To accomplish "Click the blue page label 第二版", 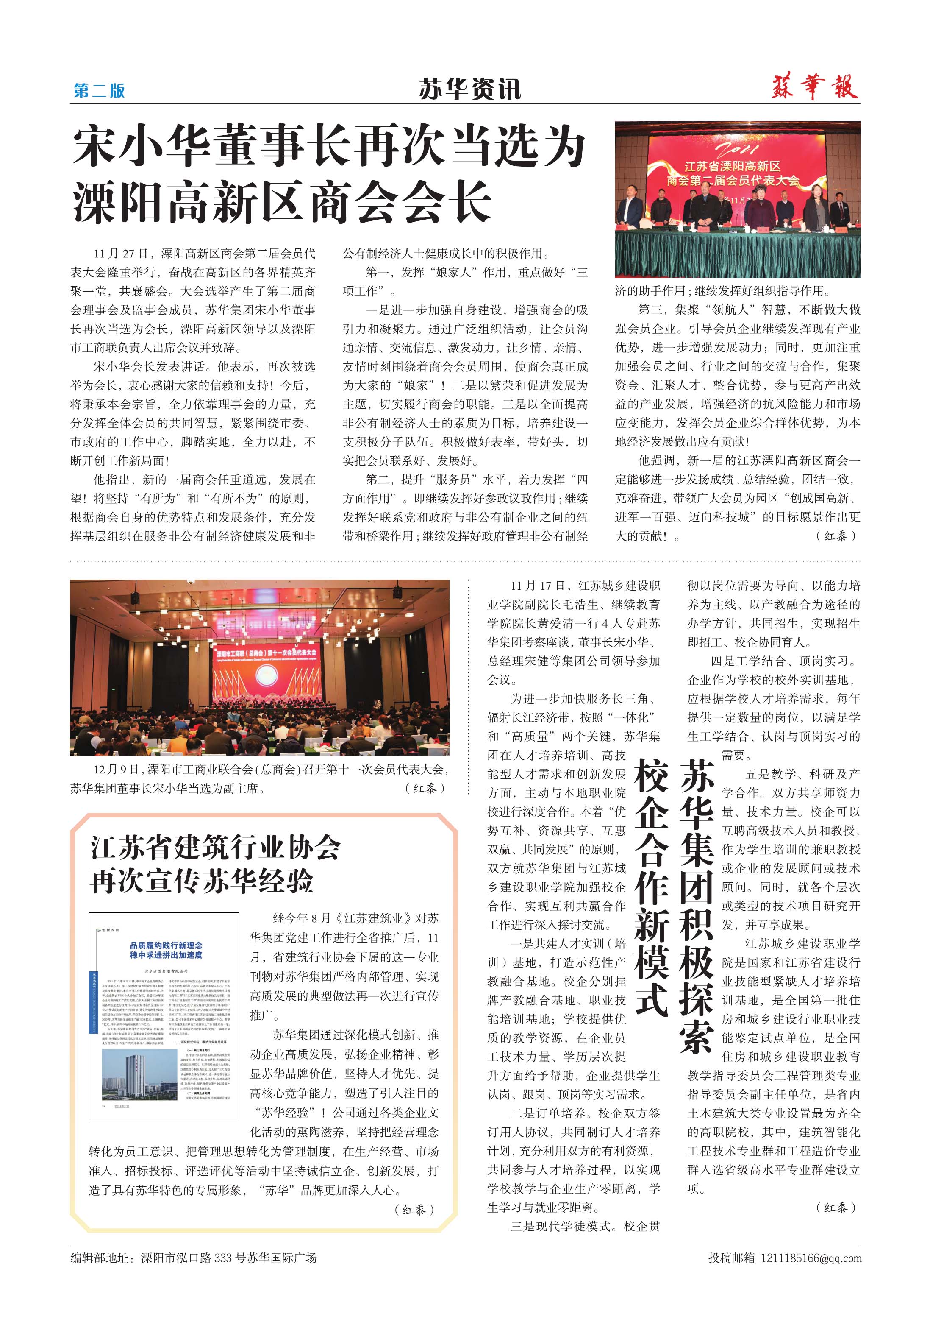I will pos(99,90).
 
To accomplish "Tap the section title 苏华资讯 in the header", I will pos(469,89).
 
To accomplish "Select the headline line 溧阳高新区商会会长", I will pos(282,201).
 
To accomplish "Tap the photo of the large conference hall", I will pos(260,667).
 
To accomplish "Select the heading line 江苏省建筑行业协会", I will pos(215,848).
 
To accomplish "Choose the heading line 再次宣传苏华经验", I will pos(201,881).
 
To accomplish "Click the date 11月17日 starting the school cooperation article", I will pos(538,586).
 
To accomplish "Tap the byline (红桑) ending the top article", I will pos(836,536).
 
